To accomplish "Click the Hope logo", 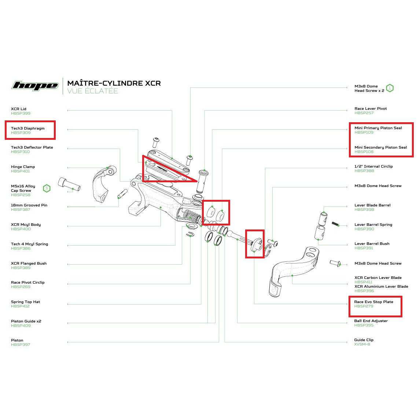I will [35, 86].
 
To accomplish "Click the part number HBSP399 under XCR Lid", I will [21, 113].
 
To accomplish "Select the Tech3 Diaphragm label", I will [27, 128].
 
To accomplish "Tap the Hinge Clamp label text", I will [23, 167].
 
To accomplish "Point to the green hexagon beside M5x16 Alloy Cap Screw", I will [47, 189].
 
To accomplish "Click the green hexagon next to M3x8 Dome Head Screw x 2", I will [390, 88].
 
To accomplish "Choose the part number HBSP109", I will [364, 133].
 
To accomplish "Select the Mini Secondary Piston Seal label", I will [380, 148].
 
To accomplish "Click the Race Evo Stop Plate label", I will [373, 302].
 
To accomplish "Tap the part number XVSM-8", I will [362, 344].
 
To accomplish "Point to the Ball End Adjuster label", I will [371, 321].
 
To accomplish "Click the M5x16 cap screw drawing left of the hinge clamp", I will [69, 184].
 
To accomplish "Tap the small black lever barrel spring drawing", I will [335, 223].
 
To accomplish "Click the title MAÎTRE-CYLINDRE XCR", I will [114, 83].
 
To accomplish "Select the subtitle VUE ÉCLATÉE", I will [92, 91].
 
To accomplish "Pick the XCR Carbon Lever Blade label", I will [377, 278].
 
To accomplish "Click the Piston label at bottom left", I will [17, 340].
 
